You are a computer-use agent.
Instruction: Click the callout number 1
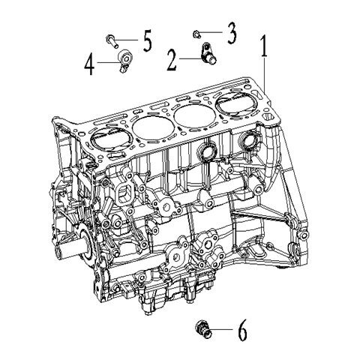point(264,46)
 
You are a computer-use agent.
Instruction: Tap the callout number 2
point(172,60)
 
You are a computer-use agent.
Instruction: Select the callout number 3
point(232,33)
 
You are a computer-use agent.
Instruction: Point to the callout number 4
point(89,64)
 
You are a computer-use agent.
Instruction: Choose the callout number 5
point(147,40)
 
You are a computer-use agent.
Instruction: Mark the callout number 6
point(241,330)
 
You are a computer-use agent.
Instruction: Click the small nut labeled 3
point(196,34)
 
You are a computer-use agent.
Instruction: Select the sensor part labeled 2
point(208,53)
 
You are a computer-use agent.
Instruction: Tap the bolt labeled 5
point(112,41)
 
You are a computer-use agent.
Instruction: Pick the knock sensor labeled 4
point(124,61)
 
